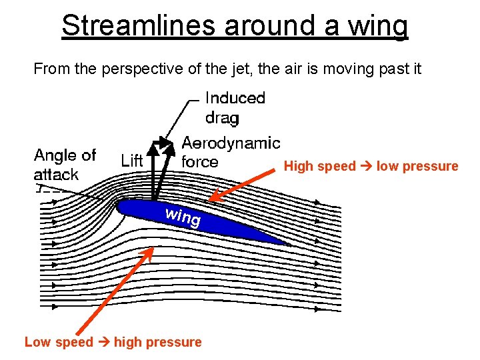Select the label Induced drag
coord(235,108)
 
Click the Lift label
coord(132,161)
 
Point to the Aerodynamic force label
coord(231,152)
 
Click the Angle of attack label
coord(65,165)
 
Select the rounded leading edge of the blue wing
coord(121,207)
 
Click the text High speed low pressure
coord(371,166)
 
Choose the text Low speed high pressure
coord(113,342)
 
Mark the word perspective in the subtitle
coord(142,69)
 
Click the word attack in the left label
coord(56,175)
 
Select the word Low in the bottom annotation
coord(37,342)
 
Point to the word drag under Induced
coord(222,118)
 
